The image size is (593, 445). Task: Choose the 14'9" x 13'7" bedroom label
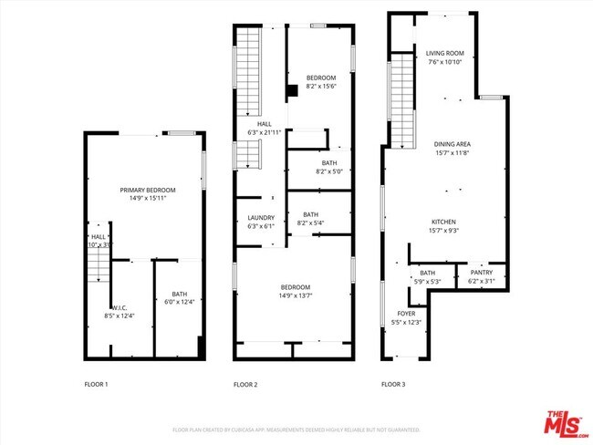point(295,291)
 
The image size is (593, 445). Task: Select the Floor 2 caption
point(245,385)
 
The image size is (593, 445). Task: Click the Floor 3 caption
point(393,385)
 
